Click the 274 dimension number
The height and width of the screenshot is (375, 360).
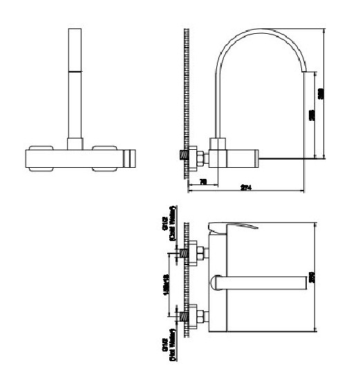coord(245,188)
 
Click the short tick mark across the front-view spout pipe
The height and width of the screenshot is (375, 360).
coord(75,71)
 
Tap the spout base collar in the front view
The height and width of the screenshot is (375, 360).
coord(75,143)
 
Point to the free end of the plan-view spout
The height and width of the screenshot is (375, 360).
coord(301,282)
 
